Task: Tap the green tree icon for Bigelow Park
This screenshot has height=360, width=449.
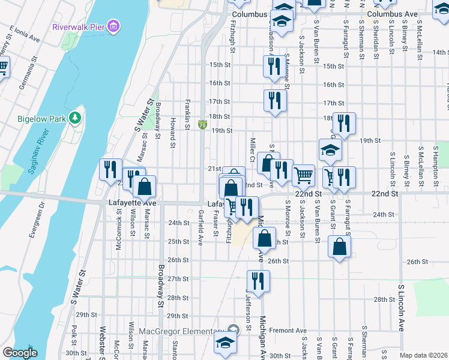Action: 75,118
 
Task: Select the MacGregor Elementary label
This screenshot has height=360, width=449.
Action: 181,332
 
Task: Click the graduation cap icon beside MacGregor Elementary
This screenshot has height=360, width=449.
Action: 226,343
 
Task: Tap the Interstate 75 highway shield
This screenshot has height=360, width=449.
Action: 202,125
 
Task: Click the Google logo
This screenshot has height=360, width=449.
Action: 20,353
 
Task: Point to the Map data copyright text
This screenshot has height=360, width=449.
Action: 423,355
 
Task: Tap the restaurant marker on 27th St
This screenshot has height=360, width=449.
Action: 258,280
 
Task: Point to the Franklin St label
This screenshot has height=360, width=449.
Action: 188,114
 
